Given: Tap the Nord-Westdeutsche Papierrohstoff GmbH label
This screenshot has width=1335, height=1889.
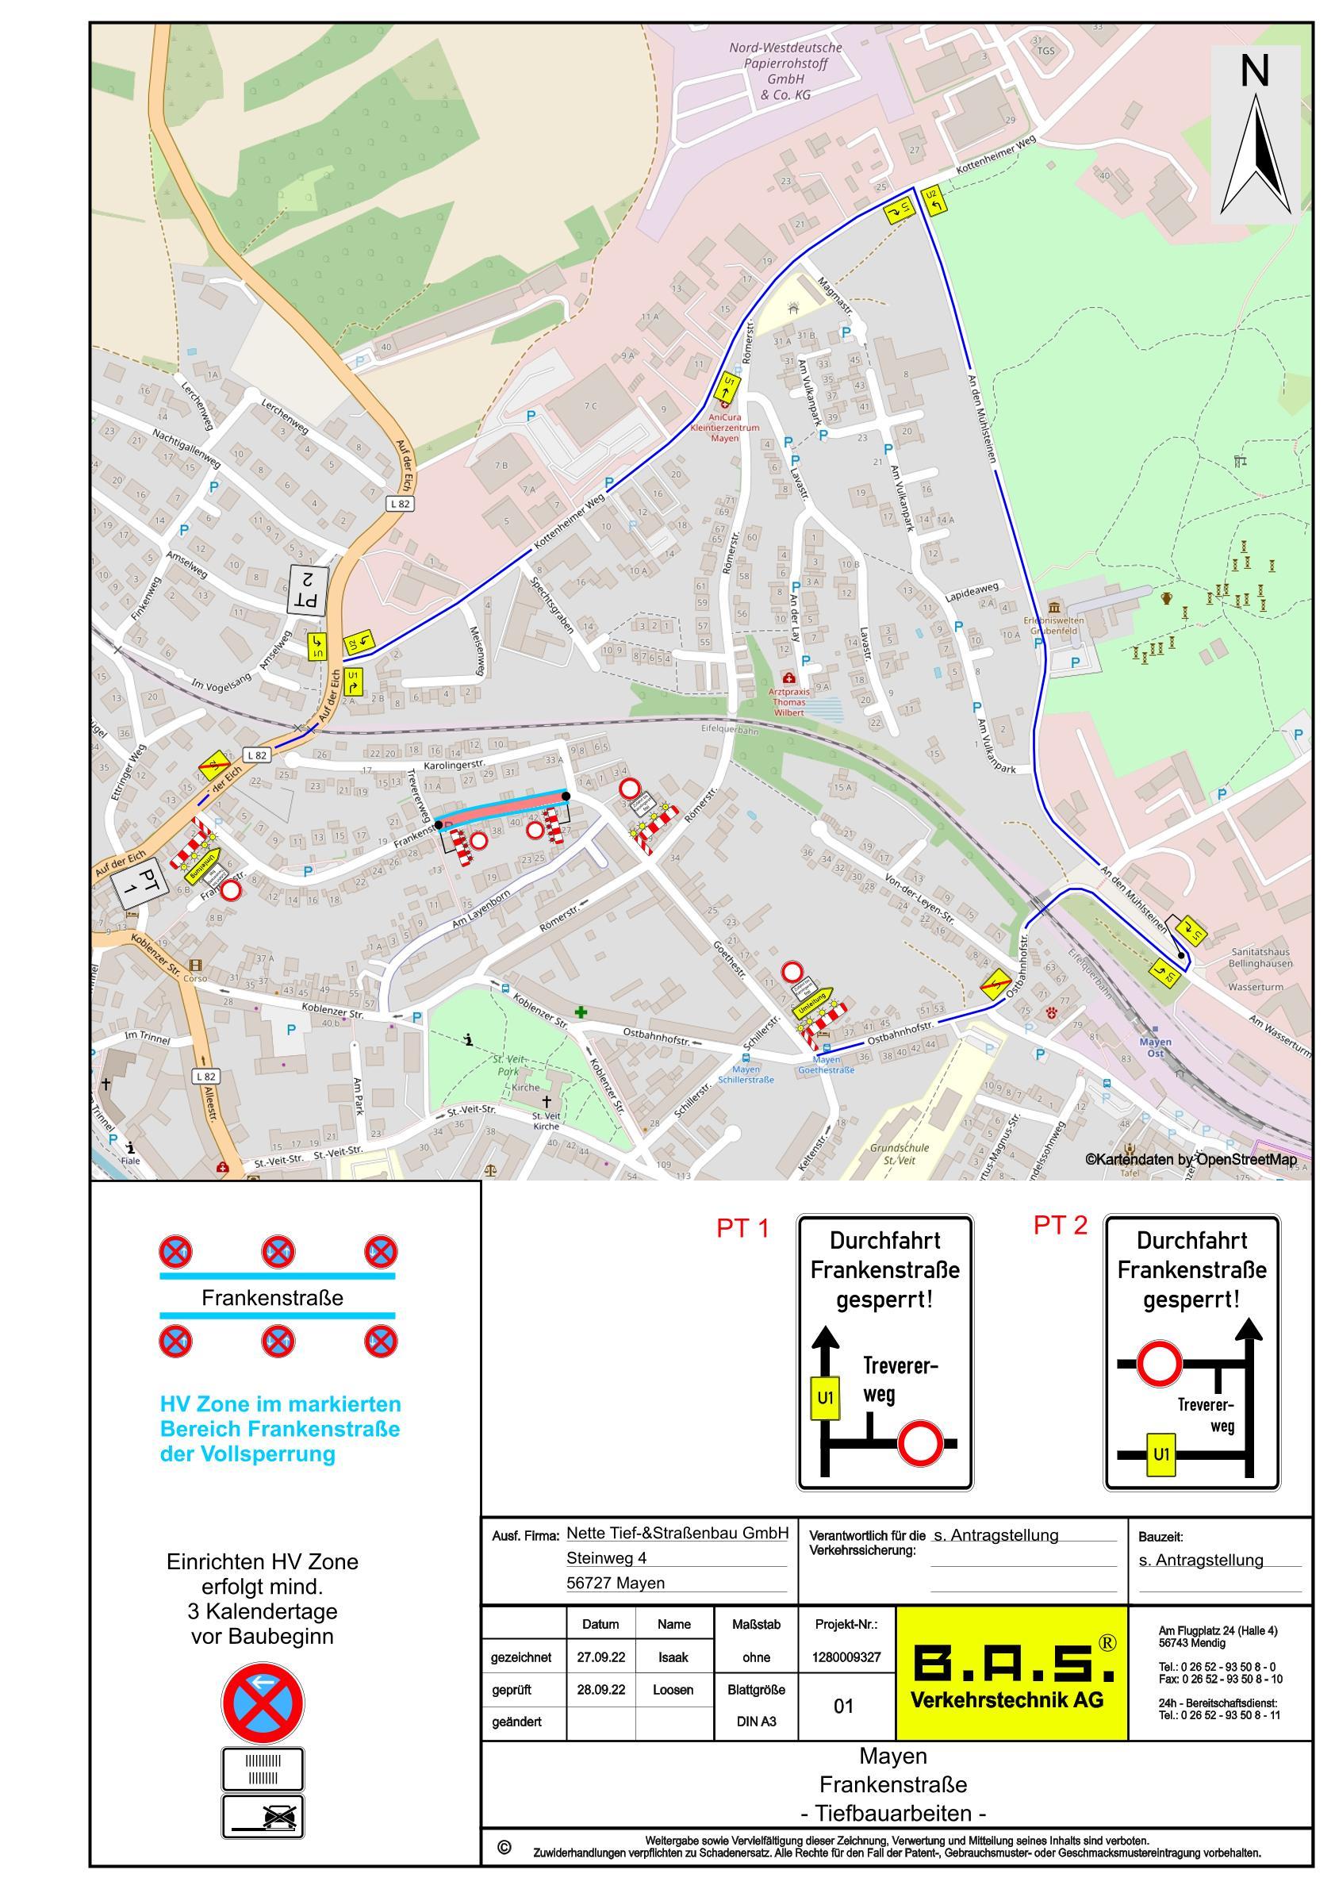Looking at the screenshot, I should [x=785, y=71].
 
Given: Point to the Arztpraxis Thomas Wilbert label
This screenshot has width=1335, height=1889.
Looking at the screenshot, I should [x=788, y=701].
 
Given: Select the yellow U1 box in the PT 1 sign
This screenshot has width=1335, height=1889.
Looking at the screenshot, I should [x=826, y=1397].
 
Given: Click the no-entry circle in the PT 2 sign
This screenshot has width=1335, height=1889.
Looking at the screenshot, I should [x=1160, y=1363].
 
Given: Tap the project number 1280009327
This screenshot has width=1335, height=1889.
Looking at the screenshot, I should [x=846, y=1657].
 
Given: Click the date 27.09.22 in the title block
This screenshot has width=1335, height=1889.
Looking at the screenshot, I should [x=600, y=1657].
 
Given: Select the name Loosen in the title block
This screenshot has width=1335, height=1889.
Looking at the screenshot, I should [x=673, y=1690].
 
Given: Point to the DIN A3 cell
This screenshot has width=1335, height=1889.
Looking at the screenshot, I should [x=756, y=1721].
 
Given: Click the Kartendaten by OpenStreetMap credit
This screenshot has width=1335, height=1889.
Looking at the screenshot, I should [x=1190, y=1159].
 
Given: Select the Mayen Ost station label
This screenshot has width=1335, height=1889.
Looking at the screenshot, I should [x=1156, y=1047].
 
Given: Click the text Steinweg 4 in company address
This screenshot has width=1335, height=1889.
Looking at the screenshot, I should [x=606, y=1557].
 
